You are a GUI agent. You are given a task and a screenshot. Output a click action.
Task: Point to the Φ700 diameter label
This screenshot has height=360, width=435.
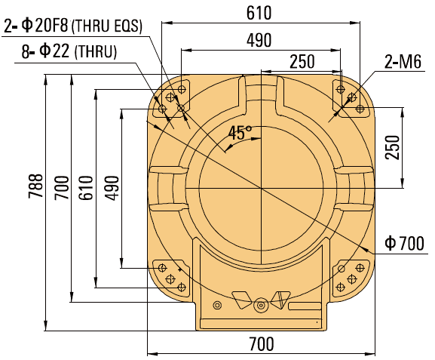[x=403, y=243]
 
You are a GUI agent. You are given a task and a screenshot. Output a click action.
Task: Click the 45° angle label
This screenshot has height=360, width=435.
[x=240, y=134]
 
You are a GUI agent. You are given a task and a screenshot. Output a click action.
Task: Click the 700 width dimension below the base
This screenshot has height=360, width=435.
[x=260, y=343]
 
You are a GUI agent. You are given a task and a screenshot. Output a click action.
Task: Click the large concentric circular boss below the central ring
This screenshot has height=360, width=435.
[x=261, y=306]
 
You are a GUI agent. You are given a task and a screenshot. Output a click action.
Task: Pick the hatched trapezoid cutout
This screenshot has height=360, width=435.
[x=282, y=300]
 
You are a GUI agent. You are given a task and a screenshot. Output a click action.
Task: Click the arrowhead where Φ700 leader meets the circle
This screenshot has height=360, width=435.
[x=367, y=248]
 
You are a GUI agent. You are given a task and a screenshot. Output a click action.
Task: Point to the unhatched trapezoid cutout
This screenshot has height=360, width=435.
[x=240, y=301]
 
